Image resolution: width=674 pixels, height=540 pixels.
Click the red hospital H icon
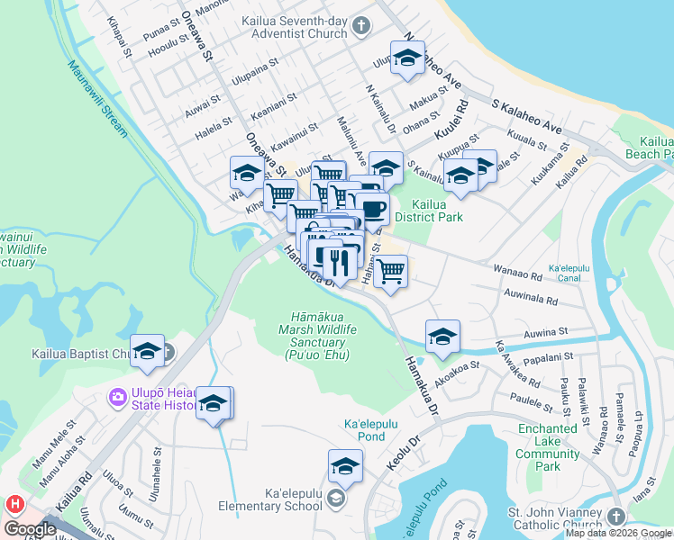13,504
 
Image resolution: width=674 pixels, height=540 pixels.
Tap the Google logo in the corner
30,529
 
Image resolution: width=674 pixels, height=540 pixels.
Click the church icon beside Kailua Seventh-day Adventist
360,25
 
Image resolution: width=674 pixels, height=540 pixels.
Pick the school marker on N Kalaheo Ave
407,59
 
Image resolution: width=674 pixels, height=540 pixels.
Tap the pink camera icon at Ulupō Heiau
117,397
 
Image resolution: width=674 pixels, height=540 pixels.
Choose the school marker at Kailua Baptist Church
147,353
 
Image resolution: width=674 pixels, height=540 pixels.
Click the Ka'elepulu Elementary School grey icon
335,499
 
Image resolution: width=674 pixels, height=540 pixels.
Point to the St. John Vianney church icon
615,517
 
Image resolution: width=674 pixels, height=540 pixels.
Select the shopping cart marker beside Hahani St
390,272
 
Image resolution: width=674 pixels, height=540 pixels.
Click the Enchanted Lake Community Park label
548,447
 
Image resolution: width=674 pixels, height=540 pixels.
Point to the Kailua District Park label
430,211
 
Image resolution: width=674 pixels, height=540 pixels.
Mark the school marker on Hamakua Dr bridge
442,337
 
